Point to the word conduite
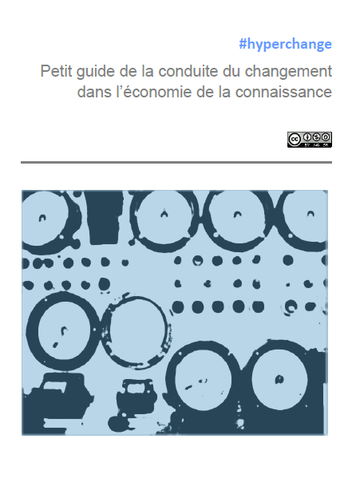tap(187, 71)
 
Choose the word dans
tap(93, 92)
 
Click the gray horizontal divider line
tap(176, 162)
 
